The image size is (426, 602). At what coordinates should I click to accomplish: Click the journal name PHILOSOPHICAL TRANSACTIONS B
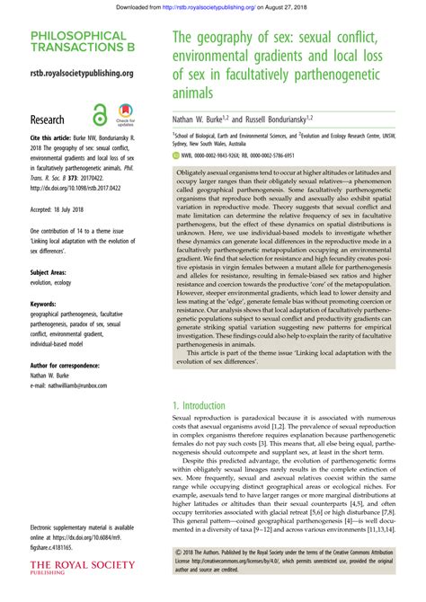pyautogui.click(x=77, y=41)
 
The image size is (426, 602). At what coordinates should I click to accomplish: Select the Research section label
pyautogui.click(x=48, y=119)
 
